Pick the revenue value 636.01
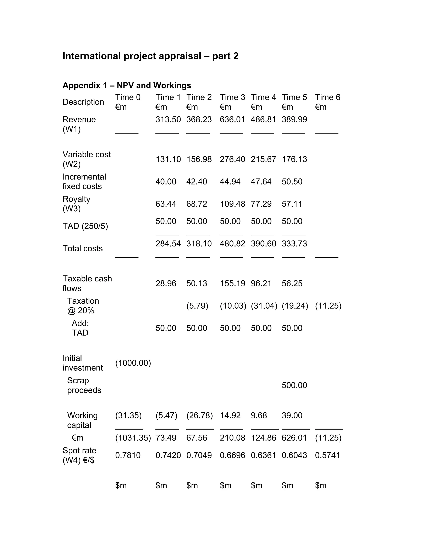[x=232, y=119]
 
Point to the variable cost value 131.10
[x=168, y=159]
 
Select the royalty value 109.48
[x=232, y=204]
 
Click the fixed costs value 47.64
[x=261, y=182]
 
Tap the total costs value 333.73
[x=294, y=243]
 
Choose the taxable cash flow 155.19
[x=232, y=283]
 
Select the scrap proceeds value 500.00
[x=294, y=385]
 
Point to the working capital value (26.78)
[x=199, y=415]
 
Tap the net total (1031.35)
[x=133, y=438]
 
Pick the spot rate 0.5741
[x=327, y=455]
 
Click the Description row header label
[x=83, y=102]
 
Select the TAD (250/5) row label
[x=85, y=226]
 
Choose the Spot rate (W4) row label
[x=79, y=455]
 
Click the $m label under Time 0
[x=121, y=485]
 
